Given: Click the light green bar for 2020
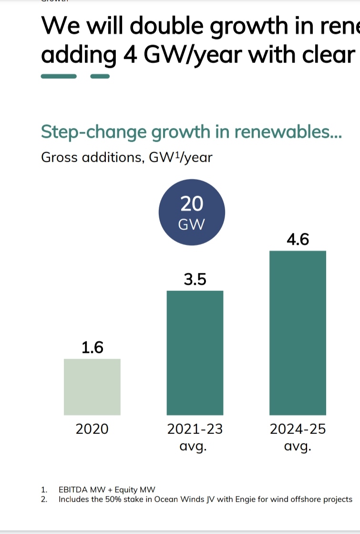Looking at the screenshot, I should pyautogui.click(x=92, y=387).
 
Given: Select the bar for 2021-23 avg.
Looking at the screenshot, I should pyautogui.click(x=195, y=353).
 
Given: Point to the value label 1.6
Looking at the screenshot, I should pyautogui.click(x=92, y=348).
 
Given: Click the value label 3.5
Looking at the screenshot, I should pyautogui.click(x=195, y=279).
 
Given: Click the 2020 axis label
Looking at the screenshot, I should pyautogui.click(x=92, y=429).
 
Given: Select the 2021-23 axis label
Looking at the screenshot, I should pyautogui.click(x=195, y=429).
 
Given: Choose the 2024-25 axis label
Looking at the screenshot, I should pyautogui.click(x=298, y=429).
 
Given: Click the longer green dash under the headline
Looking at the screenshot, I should pyautogui.click(x=59, y=76).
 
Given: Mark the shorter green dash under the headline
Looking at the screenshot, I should pyautogui.click(x=100, y=76).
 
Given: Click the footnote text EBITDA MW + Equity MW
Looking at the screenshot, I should pyautogui.click(x=107, y=490).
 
